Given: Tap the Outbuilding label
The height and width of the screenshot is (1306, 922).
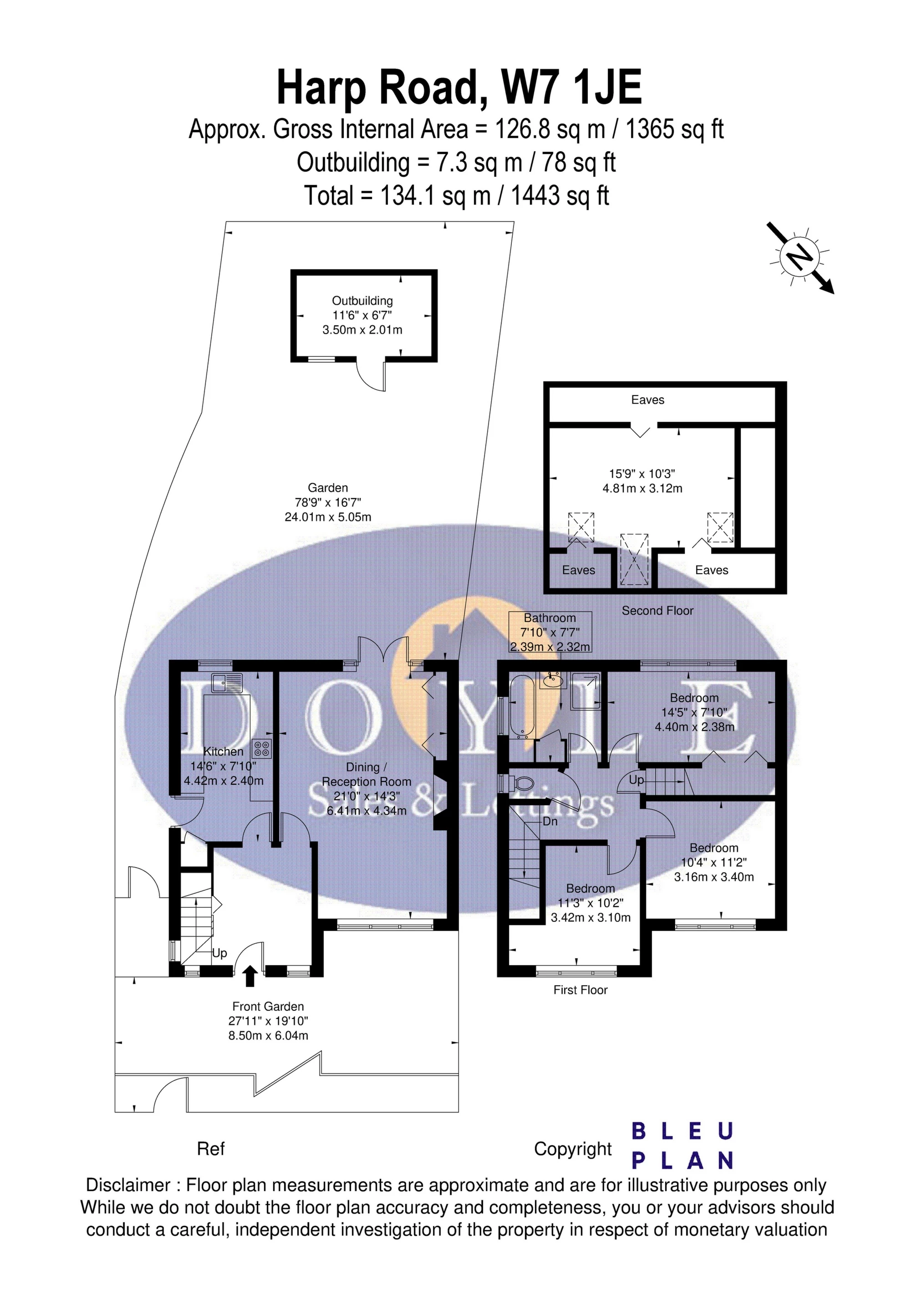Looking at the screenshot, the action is pos(362,301).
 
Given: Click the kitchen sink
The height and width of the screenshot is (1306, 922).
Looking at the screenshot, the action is pos(226,681).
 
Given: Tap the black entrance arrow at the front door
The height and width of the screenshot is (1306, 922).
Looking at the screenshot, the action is pos(250,976).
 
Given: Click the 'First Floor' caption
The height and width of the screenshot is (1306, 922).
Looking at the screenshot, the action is pos(581,990).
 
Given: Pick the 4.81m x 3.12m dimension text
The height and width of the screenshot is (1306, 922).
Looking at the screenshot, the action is pos(642,488).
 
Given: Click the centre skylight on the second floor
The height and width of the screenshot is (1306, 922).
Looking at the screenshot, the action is pos(634,559).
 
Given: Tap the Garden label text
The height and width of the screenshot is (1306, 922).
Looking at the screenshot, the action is pos(328,488).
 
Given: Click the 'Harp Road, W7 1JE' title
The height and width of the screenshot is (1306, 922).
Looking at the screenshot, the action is pos(459,87).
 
